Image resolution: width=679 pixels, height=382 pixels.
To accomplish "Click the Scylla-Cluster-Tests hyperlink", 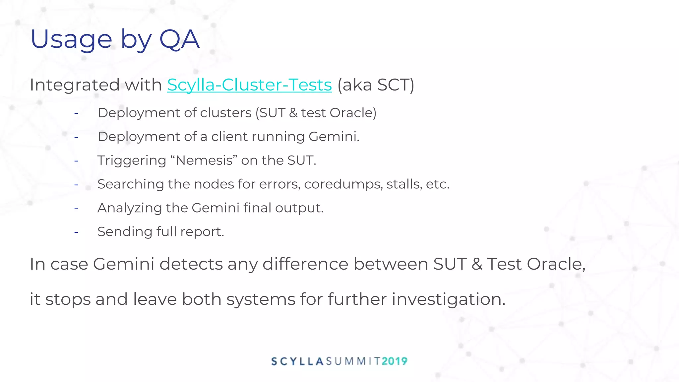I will pos(249,85).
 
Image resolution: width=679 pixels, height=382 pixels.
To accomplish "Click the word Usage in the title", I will pos(71,40).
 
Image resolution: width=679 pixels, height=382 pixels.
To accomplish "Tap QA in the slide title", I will pos(179,40).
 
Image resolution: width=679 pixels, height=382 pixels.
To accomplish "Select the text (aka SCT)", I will pos(376,85).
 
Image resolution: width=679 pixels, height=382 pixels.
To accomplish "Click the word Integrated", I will pos(75,85).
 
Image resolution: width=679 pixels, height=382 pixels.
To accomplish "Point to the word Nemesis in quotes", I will pos(204,160).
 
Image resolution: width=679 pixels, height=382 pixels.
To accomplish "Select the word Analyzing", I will pos(130,208).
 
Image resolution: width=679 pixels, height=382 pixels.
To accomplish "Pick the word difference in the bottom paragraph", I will pos(305,264).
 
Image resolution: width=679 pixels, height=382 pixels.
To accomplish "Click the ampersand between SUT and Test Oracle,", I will pos(477,264).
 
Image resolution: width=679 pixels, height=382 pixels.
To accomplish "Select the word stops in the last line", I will pos(68,299).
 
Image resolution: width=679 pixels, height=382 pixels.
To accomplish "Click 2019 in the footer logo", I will pos(395,361).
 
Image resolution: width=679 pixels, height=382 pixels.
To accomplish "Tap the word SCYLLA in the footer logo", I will pos(297,361).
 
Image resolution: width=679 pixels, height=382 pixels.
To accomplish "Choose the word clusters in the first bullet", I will pos(226,113).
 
